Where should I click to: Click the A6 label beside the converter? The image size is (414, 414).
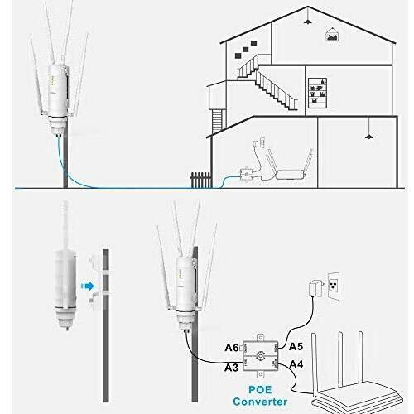[232, 348]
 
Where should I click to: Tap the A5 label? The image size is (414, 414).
[296, 347]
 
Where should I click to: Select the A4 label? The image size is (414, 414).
[296, 364]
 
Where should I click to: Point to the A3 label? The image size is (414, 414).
[231, 368]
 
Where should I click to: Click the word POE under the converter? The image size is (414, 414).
[260, 390]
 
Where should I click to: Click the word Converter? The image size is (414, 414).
[260, 402]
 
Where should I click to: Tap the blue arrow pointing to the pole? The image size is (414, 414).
[88, 286]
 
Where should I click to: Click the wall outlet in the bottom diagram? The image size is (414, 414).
[334, 286]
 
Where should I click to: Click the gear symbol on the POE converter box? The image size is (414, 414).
[260, 356]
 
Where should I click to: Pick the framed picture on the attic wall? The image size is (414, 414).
[332, 35]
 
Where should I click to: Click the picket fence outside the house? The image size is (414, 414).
[201, 181]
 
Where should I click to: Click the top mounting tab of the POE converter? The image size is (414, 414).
[260, 338]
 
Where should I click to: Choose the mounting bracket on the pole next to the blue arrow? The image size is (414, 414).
[95, 282]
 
